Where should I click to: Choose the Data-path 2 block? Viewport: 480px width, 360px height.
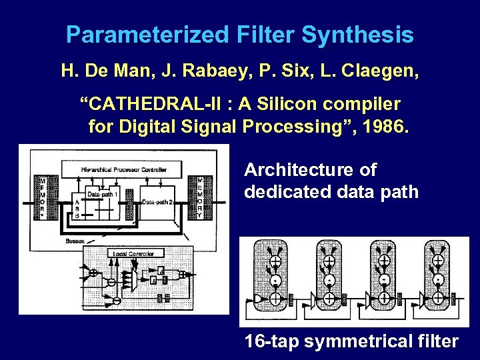point(157,202)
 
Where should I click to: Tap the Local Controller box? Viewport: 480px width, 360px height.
point(133,254)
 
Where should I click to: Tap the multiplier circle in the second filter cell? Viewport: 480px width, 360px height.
point(329,279)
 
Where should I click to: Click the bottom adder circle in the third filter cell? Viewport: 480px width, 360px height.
point(384,298)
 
